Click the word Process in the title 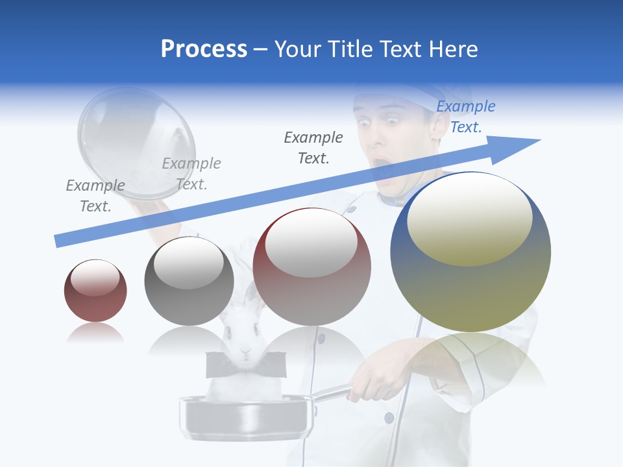[204, 49]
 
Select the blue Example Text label [465, 117]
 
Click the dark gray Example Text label [313, 147]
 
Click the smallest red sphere [95, 291]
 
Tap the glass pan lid [136, 143]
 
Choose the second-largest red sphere [311, 267]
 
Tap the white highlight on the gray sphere [189, 265]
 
